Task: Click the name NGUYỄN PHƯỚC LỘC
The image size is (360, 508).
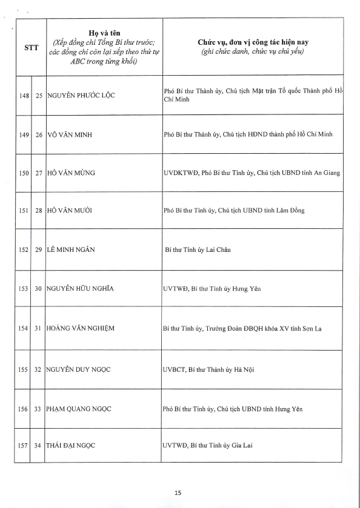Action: tap(81, 96)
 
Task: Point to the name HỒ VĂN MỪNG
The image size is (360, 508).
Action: tap(72, 173)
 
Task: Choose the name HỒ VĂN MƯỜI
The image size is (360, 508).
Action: tap(72, 211)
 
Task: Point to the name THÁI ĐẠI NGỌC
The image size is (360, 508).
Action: tap(71, 446)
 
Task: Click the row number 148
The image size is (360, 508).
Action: tap(24, 96)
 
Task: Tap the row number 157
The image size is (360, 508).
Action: tap(24, 446)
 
